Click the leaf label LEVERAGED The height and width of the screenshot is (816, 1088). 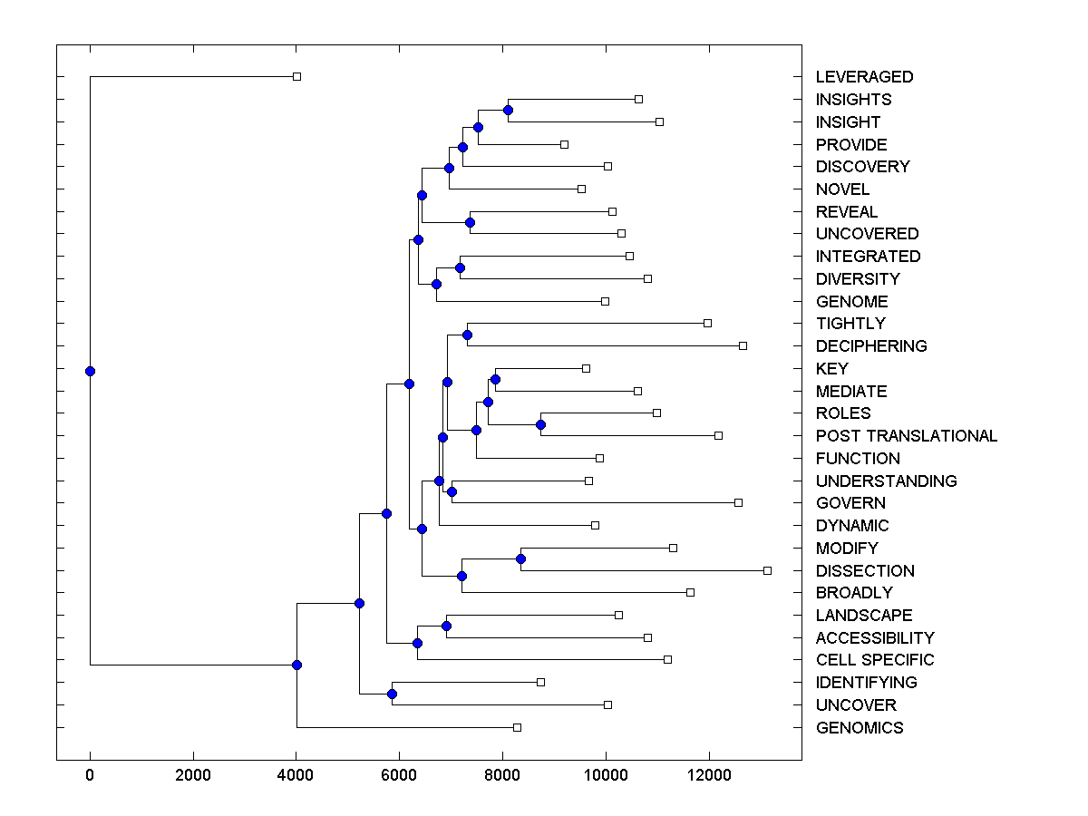click(864, 77)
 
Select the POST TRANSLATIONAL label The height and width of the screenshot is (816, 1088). click(906, 436)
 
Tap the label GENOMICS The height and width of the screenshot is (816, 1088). click(859, 728)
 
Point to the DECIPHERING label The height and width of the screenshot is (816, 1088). click(870, 346)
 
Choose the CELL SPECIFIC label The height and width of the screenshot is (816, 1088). click(874, 660)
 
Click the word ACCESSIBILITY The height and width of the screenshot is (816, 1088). click(874, 638)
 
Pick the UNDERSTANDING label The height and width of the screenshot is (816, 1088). click(886, 481)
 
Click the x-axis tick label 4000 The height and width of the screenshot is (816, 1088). click(296, 773)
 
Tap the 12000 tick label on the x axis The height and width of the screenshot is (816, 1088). click(709, 773)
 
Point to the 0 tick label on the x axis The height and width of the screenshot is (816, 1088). click(90, 773)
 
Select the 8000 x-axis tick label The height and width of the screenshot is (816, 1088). click(502, 773)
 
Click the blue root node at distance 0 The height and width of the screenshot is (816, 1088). click(90, 371)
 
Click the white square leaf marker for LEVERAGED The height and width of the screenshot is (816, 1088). click(296, 76)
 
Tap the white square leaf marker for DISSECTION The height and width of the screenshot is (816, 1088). click(767, 570)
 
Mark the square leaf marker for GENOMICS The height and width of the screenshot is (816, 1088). click(517, 727)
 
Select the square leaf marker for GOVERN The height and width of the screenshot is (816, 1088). click(738, 502)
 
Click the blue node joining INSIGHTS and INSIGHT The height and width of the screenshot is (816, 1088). click(508, 110)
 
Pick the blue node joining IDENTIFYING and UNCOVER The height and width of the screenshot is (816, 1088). click(392, 694)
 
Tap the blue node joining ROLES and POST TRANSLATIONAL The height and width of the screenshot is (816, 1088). click(540, 424)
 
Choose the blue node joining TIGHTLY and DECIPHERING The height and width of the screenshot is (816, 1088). click(467, 335)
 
